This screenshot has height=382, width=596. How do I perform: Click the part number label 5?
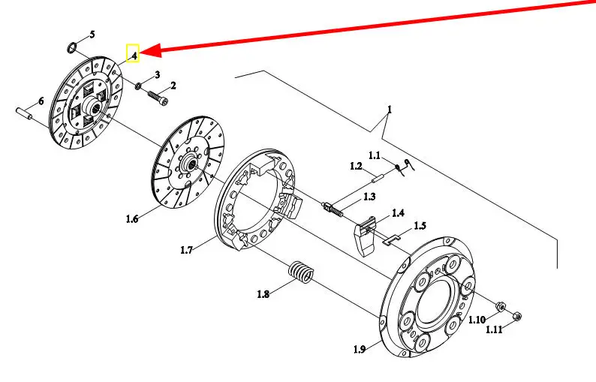point(92,35)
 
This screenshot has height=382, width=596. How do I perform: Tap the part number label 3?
point(157,75)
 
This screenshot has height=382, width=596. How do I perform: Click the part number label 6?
point(41,101)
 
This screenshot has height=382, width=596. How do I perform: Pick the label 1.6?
point(132,219)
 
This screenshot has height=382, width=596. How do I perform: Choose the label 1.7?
point(187,250)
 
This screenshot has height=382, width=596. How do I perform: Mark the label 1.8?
point(263,294)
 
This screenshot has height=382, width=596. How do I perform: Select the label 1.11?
point(494,329)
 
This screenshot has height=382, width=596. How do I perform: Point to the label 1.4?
point(397,213)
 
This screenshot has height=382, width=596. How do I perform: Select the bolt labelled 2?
point(159,98)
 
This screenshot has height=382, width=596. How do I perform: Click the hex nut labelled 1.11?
point(516,317)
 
